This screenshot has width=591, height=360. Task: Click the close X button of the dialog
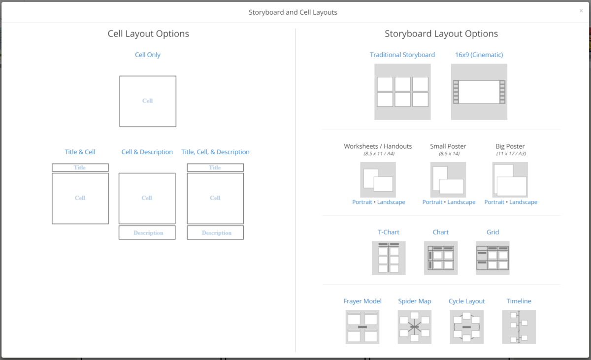click(581, 11)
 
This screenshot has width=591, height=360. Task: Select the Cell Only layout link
click(148, 55)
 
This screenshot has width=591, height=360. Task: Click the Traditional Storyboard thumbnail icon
click(402, 92)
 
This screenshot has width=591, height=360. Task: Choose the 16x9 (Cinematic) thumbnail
click(479, 92)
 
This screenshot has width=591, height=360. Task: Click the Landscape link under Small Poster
click(461, 202)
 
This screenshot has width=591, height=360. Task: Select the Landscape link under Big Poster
click(523, 202)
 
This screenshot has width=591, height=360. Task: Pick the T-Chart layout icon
click(389, 258)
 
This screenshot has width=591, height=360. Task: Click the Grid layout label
click(492, 232)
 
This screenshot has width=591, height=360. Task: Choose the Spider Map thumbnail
click(414, 327)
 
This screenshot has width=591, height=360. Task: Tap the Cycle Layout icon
click(466, 327)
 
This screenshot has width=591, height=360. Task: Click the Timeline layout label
click(519, 301)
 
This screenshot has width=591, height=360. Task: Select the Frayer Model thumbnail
click(362, 327)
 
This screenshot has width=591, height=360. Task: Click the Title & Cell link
click(80, 152)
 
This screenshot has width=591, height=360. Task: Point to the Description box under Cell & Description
click(147, 232)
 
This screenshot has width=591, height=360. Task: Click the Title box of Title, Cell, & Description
click(215, 167)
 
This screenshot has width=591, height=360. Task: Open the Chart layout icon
click(441, 258)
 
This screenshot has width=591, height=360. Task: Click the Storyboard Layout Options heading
click(441, 34)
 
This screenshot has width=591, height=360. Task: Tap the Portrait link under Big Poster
click(494, 202)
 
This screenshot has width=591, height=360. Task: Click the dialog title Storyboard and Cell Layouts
click(293, 12)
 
